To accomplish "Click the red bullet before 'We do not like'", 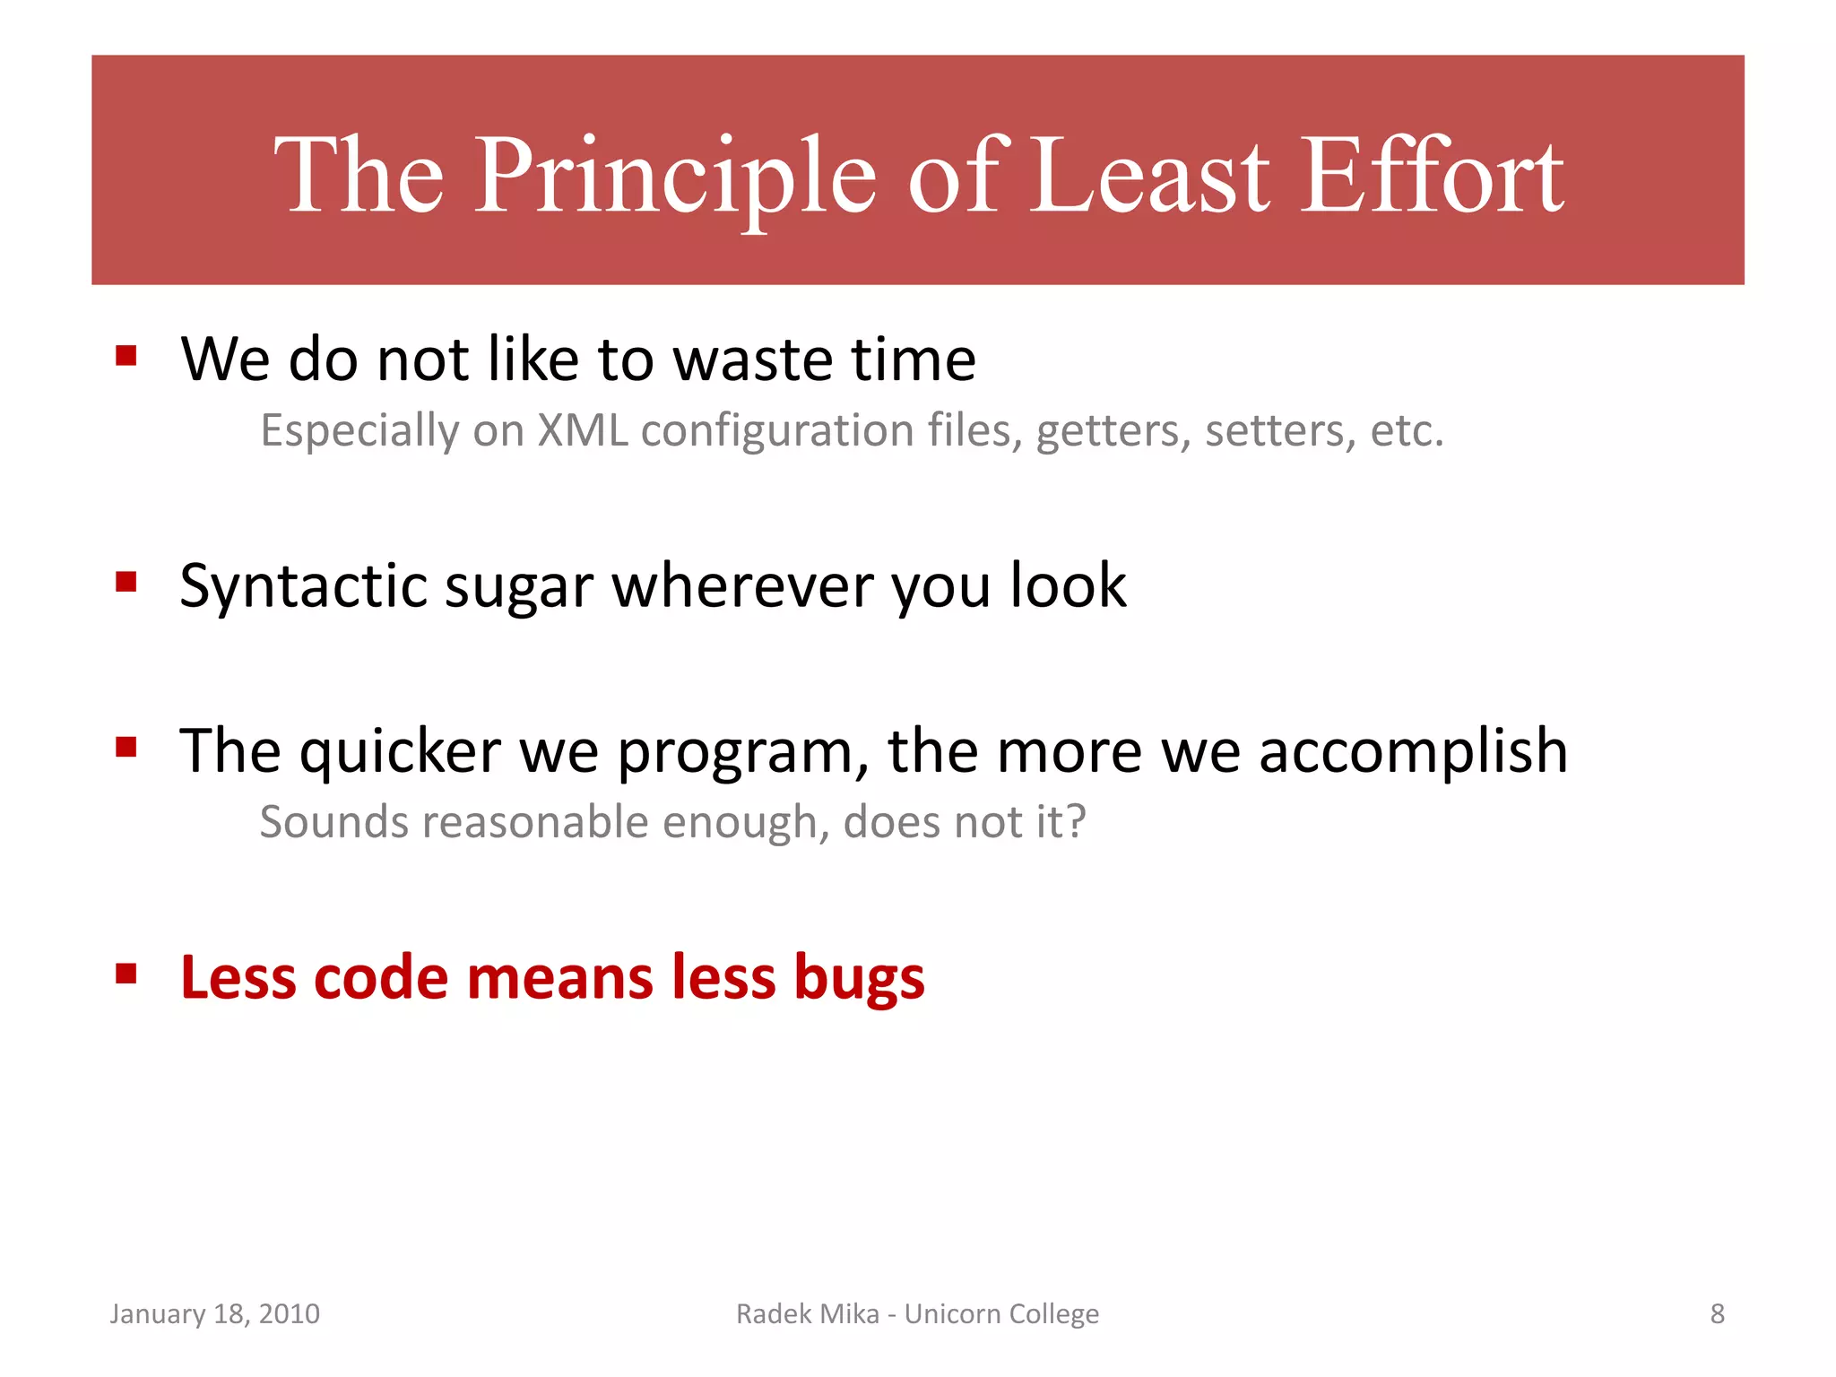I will pos(126,357).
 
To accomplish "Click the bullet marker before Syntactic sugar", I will pos(126,583).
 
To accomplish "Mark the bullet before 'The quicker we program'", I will pos(126,747).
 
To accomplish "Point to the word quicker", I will pos(400,751).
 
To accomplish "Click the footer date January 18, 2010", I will pos(214,1313).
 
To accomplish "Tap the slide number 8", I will pos(1717,1313).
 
